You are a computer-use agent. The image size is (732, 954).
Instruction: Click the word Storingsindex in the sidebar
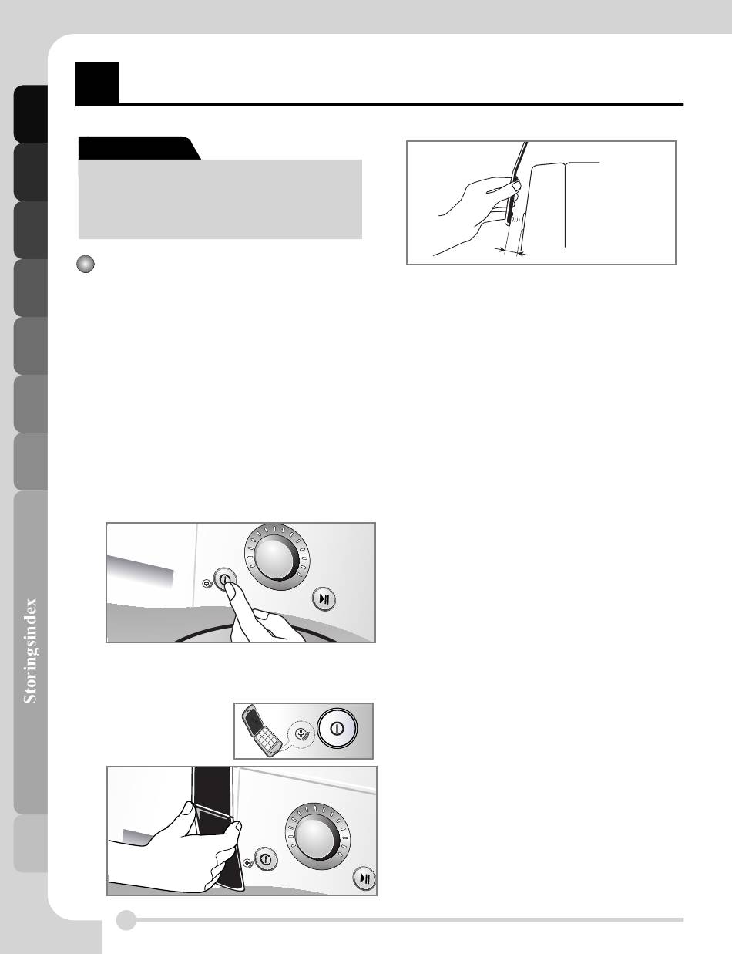(30, 651)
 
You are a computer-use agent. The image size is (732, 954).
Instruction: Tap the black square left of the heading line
(97, 83)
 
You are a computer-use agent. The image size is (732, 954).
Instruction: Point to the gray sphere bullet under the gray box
(86, 264)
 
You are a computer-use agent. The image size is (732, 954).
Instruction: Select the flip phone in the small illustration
(262, 730)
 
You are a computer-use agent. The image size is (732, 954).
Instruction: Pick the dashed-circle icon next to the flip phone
(301, 734)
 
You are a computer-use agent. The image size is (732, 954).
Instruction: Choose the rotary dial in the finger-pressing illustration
(277, 558)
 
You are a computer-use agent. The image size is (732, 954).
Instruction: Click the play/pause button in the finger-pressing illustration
(324, 599)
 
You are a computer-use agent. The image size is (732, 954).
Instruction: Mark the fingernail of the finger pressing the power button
(230, 595)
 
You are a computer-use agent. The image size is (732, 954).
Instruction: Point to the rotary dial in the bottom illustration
(317, 837)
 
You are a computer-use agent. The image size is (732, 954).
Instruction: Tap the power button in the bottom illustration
(266, 858)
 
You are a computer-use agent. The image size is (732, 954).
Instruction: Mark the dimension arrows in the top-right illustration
(511, 252)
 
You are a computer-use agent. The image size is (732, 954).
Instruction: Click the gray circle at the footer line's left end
(126, 920)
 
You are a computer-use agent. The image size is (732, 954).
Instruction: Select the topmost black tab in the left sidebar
(31, 113)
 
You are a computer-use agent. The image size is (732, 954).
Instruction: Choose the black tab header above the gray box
(139, 148)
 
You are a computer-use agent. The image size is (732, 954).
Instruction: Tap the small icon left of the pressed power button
(207, 584)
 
